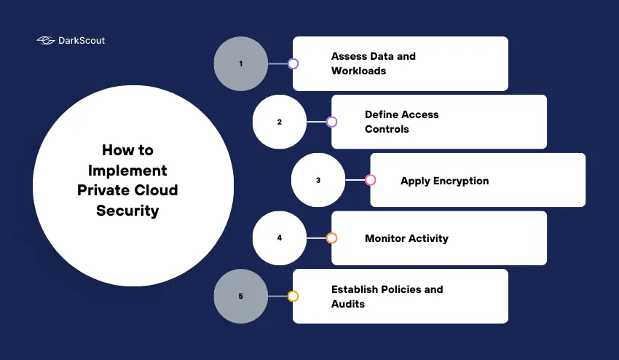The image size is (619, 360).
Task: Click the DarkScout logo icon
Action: tap(45, 41)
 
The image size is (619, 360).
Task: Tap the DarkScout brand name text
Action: tap(81, 41)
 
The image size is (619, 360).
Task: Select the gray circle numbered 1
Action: tap(241, 63)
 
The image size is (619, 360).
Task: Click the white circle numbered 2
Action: tap(280, 122)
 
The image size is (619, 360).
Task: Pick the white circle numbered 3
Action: tap(318, 180)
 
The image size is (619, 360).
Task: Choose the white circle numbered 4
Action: tap(280, 238)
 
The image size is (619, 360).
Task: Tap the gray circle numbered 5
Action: tap(241, 297)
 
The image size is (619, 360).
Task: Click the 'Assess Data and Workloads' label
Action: tap(373, 63)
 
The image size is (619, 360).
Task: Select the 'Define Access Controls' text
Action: tap(401, 122)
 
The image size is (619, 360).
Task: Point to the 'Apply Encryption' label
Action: tap(444, 181)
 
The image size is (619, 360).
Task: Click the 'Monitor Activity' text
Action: tap(406, 238)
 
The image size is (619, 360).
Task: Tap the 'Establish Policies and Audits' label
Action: tap(387, 297)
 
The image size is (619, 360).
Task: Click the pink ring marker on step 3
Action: tap(370, 180)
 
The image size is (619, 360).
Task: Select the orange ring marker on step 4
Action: tap(331, 238)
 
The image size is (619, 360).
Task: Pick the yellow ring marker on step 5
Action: tap(293, 297)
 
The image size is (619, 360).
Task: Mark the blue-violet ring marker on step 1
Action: tap(293, 63)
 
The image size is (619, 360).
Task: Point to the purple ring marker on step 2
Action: tap(331, 122)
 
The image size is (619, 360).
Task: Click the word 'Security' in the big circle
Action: tap(127, 211)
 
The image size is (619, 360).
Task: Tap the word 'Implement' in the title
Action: tap(127, 171)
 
